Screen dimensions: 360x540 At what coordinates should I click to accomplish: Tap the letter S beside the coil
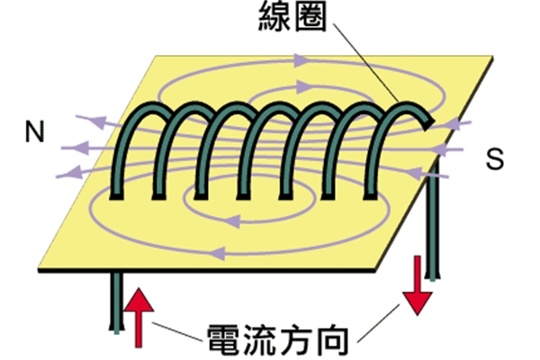click(494, 159)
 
